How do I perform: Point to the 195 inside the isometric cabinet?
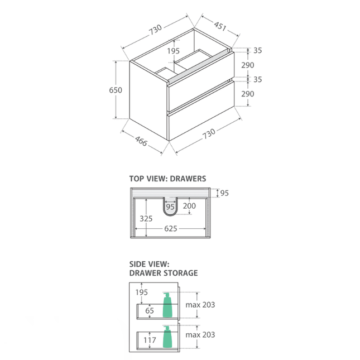pyautogui.click(x=173, y=51)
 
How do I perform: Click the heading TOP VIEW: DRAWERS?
pyautogui.click(x=167, y=179)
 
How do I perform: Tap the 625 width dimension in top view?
pyautogui.click(x=171, y=228)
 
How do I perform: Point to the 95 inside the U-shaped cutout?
pyautogui.click(x=170, y=207)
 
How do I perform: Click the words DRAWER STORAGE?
pyautogui.click(x=164, y=273)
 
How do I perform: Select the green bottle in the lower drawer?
pyautogui.click(x=166, y=337)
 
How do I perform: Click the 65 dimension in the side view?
pyautogui.click(x=150, y=310)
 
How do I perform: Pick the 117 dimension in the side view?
pyautogui.click(x=150, y=340)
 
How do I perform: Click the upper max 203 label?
pyautogui.click(x=201, y=305)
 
